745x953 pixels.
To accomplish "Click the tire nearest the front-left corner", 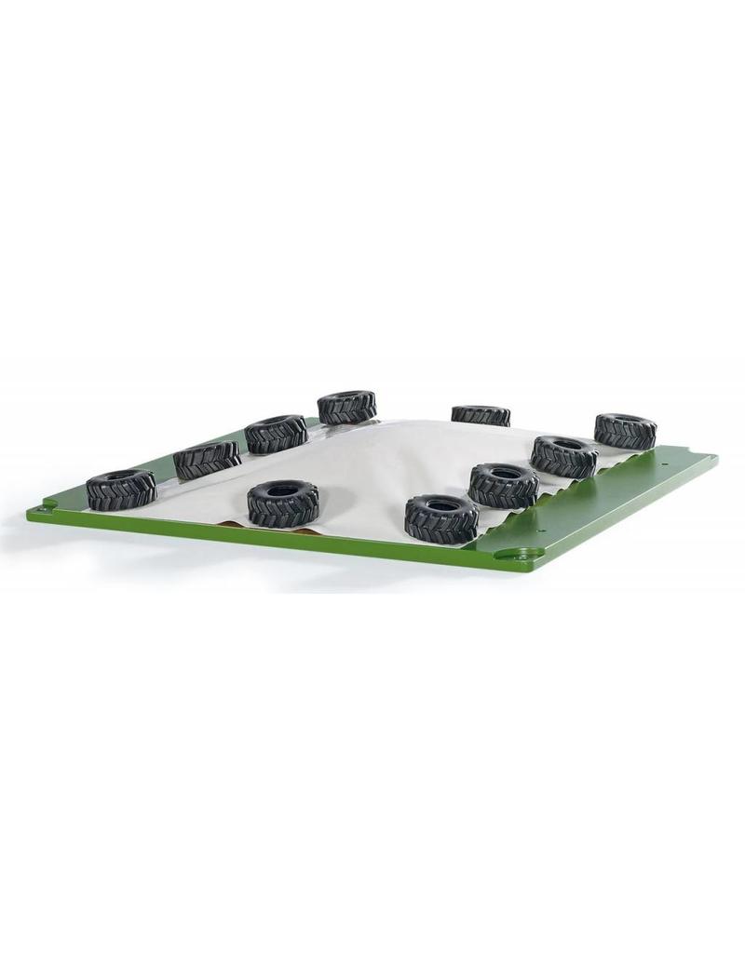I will click(121, 490).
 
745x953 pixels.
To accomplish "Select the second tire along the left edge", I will click(206, 460).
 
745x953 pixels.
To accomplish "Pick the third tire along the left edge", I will click(277, 435).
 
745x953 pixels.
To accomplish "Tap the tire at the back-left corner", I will click(346, 408).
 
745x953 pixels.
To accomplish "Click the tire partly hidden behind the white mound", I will click(481, 415).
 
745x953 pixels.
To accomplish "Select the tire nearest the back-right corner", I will click(625, 431).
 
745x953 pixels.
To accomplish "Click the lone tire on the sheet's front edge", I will click(283, 503).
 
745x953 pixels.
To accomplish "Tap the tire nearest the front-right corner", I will click(441, 517).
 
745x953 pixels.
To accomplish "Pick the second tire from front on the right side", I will click(504, 485).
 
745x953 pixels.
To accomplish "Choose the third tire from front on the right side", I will click(564, 456).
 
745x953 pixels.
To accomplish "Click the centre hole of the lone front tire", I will click(283, 488).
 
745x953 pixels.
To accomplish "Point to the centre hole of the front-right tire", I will click(442, 505).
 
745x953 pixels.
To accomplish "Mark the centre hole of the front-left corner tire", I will click(121, 478).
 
